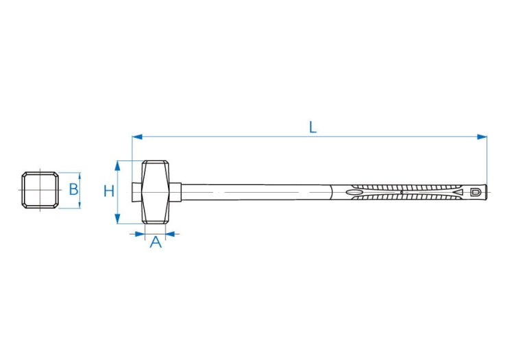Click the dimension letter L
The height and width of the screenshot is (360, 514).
pyautogui.click(x=313, y=128)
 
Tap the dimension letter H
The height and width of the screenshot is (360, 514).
pyautogui.click(x=109, y=191)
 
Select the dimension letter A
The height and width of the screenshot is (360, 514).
pyautogui.click(x=156, y=242)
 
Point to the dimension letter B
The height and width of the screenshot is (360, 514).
pyautogui.click(x=74, y=189)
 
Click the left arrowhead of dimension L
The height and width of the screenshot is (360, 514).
pyautogui.click(x=137, y=136)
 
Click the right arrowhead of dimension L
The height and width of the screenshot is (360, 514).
pyautogui.click(x=482, y=136)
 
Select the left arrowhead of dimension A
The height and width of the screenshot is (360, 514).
pyautogui.click(x=140, y=234)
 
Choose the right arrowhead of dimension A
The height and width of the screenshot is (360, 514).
pyautogui.click(x=171, y=234)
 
